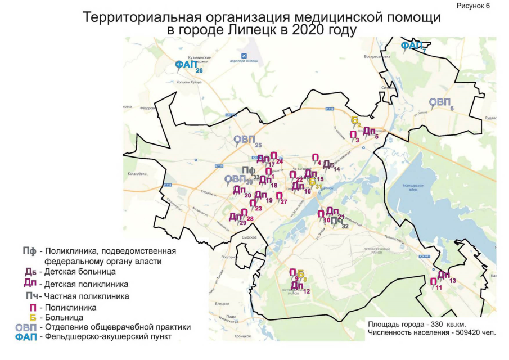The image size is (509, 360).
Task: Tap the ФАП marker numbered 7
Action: tap(411, 46)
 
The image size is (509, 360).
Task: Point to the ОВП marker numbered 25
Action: tap(245, 139)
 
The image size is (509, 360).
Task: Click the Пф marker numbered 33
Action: tap(249, 171)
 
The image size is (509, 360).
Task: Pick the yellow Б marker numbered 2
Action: tap(355, 120)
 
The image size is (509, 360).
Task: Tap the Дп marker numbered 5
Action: tap(369, 131)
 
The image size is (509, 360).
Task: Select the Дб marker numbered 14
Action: tap(328, 164)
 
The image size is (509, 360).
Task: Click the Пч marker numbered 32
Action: tap(336, 221)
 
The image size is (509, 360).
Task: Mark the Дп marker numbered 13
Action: tap(444, 275)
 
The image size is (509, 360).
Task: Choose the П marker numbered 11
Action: tap(434, 282)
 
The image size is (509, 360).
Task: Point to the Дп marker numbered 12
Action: tap(297, 286)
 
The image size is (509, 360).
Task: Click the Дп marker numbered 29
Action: tap(235, 217)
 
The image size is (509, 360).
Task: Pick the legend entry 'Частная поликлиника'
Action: tap(87, 296)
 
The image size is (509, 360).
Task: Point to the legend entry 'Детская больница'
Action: tap(79, 272)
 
